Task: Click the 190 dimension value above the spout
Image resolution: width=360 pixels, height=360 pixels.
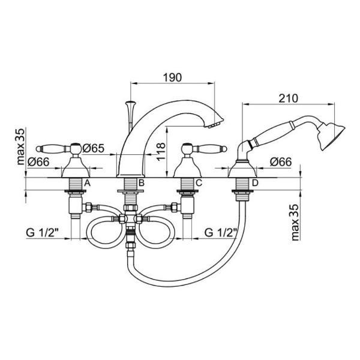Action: pyautogui.click(x=172, y=77)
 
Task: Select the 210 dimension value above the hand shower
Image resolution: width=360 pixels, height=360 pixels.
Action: pyautogui.click(x=289, y=98)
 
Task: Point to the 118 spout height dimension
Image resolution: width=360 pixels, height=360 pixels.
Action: pyautogui.click(x=160, y=152)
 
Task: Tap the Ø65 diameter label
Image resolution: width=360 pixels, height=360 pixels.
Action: pyautogui.click(x=94, y=148)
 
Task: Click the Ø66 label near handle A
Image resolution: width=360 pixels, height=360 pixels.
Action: pyautogui.click(x=38, y=162)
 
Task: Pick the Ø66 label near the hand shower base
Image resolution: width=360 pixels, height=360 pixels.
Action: pyautogui.click(x=281, y=162)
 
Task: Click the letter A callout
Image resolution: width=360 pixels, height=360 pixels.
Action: pyautogui.click(x=88, y=183)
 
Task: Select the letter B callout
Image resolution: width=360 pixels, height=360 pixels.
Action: pyautogui.click(x=142, y=183)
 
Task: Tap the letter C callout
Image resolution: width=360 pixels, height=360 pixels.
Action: pyautogui.click(x=199, y=183)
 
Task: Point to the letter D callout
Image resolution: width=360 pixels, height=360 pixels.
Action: pyautogui.click(x=255, y=183)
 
